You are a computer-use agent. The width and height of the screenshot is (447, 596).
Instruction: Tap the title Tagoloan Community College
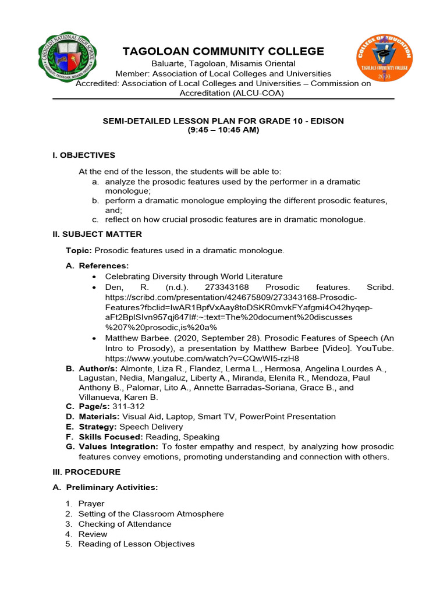(x=223, y=51)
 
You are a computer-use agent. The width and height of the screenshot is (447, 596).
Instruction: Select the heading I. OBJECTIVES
(x=84, y=155)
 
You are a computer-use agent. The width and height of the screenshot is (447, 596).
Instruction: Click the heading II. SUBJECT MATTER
(x=97, y=234)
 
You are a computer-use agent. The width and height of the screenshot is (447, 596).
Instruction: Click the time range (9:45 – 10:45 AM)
(x=223, y=130)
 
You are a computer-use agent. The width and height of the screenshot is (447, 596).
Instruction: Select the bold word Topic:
(x=79, y=250)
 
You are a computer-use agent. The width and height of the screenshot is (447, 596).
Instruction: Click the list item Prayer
(x=91, y=503)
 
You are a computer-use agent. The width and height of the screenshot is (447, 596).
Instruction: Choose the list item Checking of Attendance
(x=125, y=524)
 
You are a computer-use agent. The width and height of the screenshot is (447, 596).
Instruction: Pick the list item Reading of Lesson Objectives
(x=136, y=544)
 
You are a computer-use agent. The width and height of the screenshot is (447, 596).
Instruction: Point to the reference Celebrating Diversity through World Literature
(x=194, y=276)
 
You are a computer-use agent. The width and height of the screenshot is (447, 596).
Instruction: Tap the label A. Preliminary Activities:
(x=112, y=487)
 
